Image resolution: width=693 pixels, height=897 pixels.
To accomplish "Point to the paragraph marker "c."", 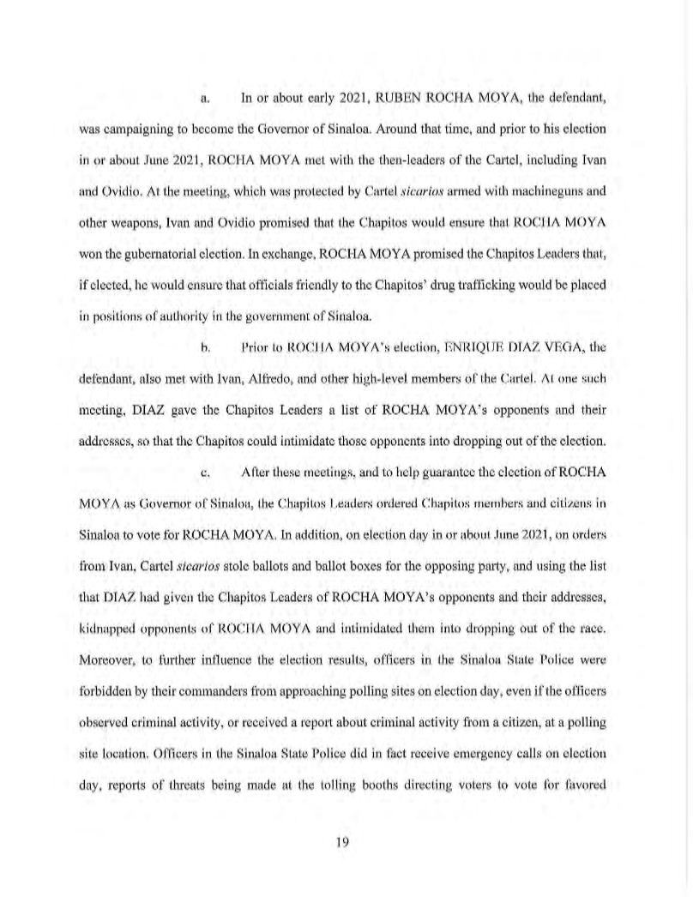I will (204, 447).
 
